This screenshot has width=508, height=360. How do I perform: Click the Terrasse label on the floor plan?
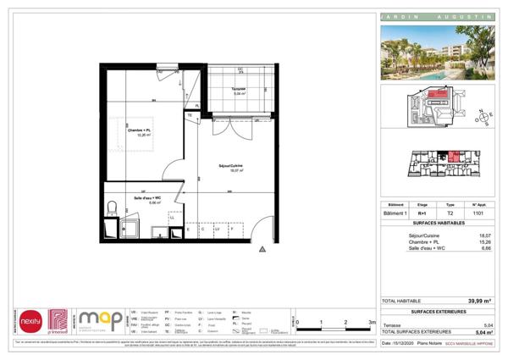(238, 91)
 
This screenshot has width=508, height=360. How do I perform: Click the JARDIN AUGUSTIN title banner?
(438, 18)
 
